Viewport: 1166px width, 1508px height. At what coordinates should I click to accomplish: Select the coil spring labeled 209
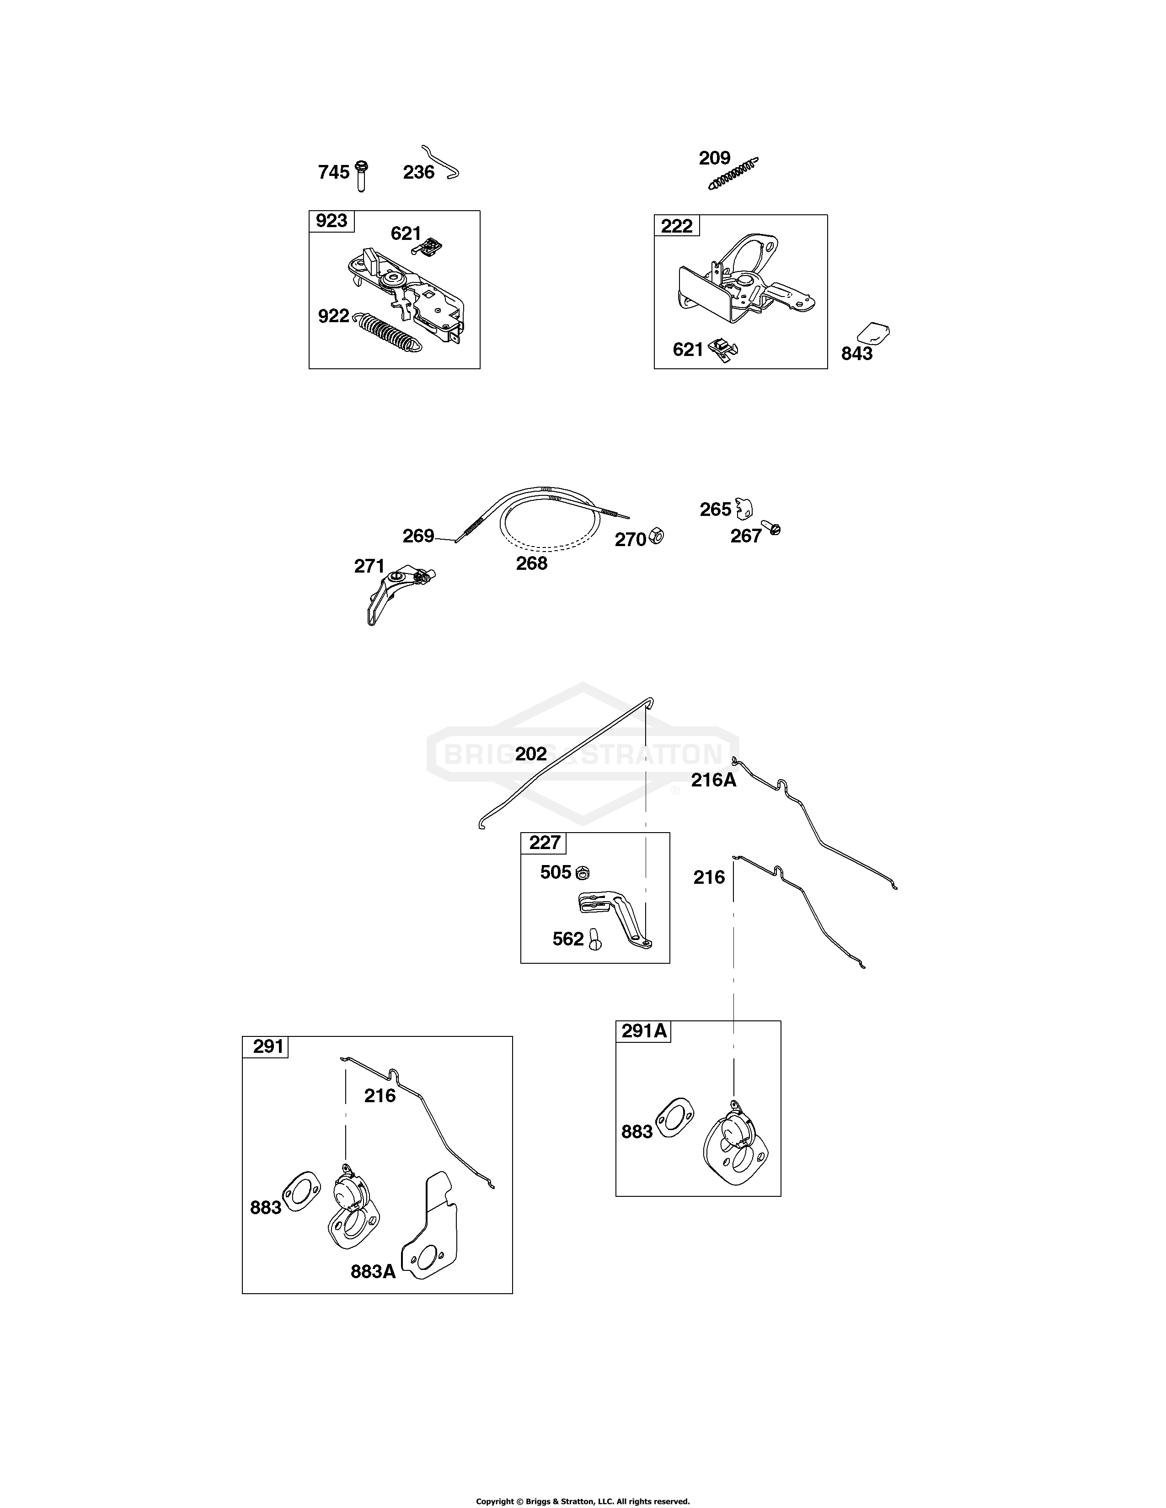[x=733, y=173]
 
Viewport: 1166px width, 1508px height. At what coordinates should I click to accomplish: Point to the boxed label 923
[x=332, y=221]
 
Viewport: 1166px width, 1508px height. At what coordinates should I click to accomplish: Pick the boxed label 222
[x=677, y=226]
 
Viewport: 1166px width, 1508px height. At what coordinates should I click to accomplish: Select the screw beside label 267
[x=771, y=528]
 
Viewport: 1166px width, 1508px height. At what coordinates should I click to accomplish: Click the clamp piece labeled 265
[x=743, y=508]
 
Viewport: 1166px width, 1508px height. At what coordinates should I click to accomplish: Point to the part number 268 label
[x=532, y=563]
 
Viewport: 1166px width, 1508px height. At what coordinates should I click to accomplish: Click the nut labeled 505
[x=582, y=873]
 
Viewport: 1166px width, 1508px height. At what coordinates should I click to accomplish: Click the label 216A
[x=714, y=780]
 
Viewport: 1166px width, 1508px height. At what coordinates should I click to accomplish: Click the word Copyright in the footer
[x=495, y=1496]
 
